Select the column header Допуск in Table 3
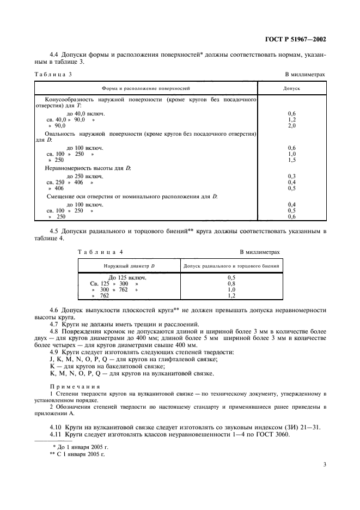point(292,88)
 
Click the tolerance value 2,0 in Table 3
point(291,126)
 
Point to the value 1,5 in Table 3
point(291,160)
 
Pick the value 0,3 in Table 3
point(291,176)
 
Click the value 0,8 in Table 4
point(231,284)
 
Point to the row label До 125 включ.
point(127,278)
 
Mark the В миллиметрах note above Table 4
point(260,252)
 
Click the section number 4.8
point(54,331)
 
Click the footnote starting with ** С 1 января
point(76,453)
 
